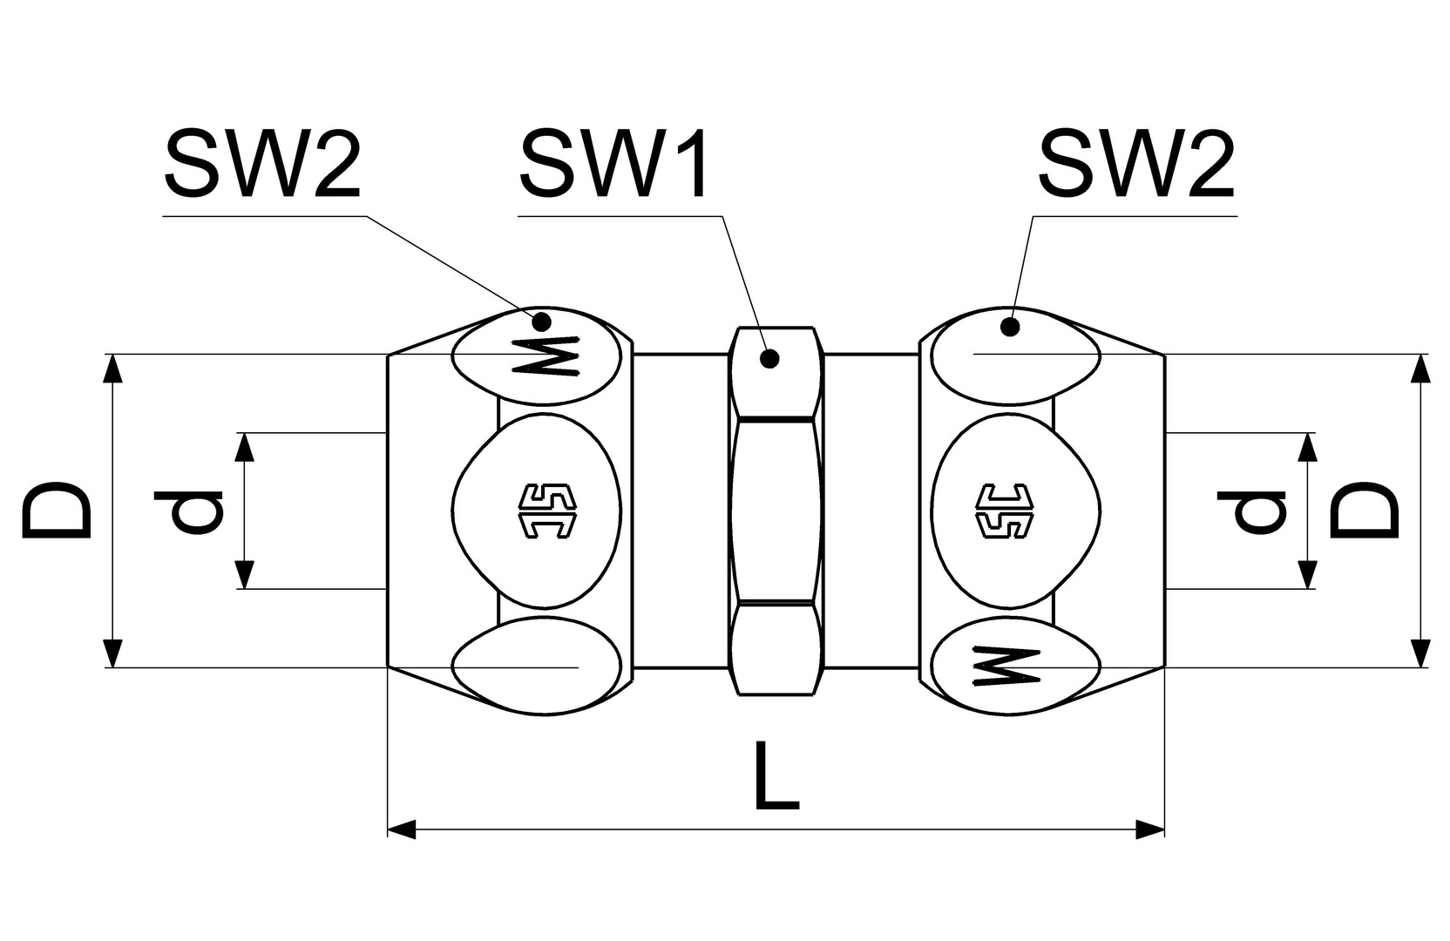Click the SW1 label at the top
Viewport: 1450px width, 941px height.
pyautogui.click(x=614, y=166)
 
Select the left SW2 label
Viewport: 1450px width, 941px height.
pyautogui.click(x=261, y=166)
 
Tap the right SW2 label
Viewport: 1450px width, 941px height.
pyautogui.click(x=1136, y=166)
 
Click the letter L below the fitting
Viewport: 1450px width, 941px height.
pyautogui.click(x=776, y=776)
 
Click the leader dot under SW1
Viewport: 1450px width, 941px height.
pyautogui.click(x=769, y=358)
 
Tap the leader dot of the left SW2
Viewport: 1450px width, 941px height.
pyautogui.click(x=542, y=321)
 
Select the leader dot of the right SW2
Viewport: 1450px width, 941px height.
pyautogui.click(x=1010, y=328)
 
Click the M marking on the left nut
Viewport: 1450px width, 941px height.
pyautogui.click(x=547, y=356)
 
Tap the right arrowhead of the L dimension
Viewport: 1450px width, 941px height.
pyautogui.click(x=1151, y=829)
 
